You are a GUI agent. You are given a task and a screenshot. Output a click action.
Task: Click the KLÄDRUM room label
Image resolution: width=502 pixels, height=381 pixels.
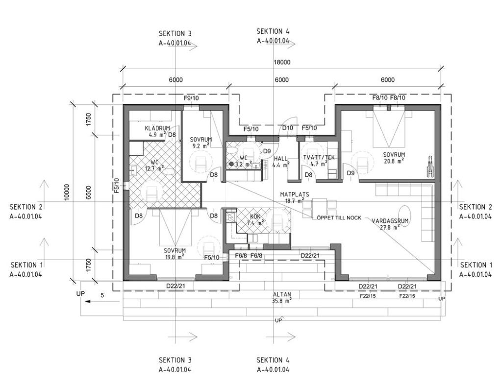[x=157, y=128]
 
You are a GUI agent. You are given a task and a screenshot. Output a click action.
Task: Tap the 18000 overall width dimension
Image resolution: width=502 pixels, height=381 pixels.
[x=282, y=62]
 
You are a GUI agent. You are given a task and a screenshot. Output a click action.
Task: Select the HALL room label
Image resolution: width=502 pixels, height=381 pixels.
[x=281, y=159]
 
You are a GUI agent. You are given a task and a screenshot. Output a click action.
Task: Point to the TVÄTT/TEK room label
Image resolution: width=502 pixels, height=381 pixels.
[x=319, y=157]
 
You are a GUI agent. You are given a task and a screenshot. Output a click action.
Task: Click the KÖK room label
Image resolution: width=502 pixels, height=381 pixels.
[x=255, y=216]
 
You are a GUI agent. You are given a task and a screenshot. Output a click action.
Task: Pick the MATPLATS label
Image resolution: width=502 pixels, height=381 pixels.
[x=295, y=194]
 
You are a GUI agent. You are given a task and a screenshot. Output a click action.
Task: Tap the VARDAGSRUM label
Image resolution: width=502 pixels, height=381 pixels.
[x=390, y=221]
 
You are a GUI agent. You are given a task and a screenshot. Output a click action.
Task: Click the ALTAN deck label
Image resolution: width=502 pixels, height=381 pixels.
[x=282, y=294]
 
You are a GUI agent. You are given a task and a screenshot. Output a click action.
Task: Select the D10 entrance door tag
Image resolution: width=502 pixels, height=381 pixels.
[x=287, y=128]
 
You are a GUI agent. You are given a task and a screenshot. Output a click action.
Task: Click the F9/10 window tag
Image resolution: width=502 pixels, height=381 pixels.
[x=191, y=98]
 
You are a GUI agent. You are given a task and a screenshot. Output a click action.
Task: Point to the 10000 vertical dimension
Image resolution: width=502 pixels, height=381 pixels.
[x=67, y=192]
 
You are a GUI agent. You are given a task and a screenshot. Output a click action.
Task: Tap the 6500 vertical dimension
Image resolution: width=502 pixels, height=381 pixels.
[x=89, y=192]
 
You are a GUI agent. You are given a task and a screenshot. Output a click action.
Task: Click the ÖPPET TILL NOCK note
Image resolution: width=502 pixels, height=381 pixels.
[x=339, y=217]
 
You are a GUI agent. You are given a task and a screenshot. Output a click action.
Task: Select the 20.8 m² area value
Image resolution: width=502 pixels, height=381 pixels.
[x=394, y=161]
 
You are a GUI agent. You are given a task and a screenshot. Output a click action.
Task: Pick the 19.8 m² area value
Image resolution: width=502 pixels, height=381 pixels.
[x=175, y=256]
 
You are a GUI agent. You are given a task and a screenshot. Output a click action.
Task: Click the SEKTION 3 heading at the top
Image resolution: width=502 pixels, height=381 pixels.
[x=175, y=34]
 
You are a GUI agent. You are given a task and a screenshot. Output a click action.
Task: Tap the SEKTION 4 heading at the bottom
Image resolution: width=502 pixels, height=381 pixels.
[x=273, y=360]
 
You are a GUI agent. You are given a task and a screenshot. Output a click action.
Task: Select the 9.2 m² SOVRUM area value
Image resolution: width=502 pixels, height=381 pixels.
[x=201, y=146]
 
